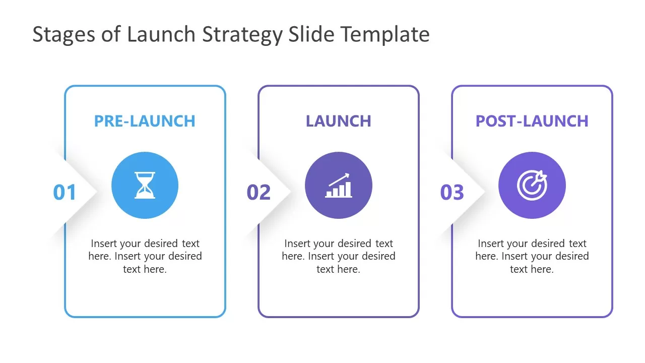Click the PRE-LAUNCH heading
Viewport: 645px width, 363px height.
click(x=145, y=121)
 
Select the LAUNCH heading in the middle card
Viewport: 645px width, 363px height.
click(x=338, y=121)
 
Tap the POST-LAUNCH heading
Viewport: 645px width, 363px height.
click(x=532, y=121)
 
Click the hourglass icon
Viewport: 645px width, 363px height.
click(x=145, y=186)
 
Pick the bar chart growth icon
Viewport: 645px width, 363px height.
click(x=338, y=186)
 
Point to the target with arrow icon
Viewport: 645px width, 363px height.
click(x=532, y=186)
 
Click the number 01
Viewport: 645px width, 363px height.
click(x=64, y=193)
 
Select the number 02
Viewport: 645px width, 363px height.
click(x=259, y=193)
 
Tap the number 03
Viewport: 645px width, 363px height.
click(x=452, y=193)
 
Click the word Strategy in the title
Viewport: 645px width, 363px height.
click(x=243, y=35)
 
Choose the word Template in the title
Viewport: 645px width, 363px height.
click(x=385, y=35)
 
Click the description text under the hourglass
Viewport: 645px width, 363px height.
click(x=145, y=256)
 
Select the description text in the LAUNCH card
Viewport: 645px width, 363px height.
click(x=338, y=256)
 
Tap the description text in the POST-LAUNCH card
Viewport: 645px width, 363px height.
click(x=532, y=256)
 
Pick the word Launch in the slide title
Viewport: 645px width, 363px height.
click(x=161, y=35)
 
